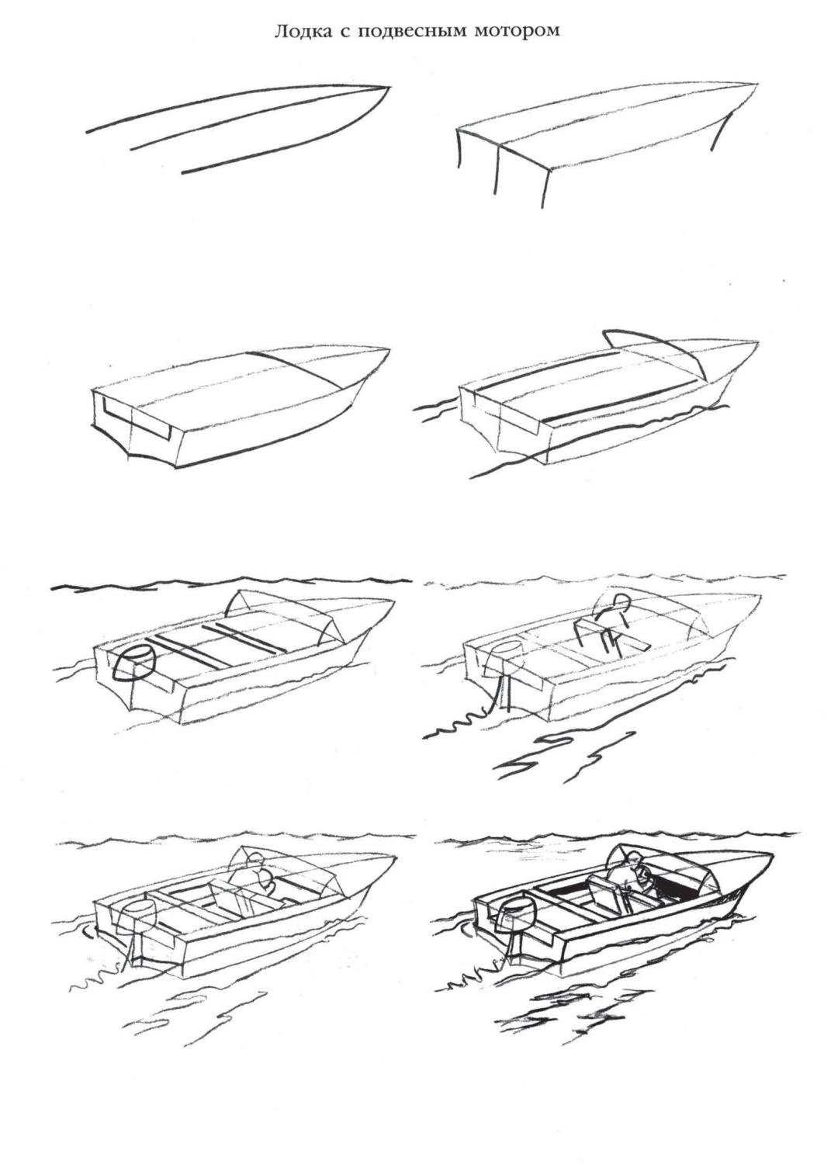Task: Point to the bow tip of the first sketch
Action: tap(389, 87)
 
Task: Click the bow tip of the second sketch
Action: tap(757, 83)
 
